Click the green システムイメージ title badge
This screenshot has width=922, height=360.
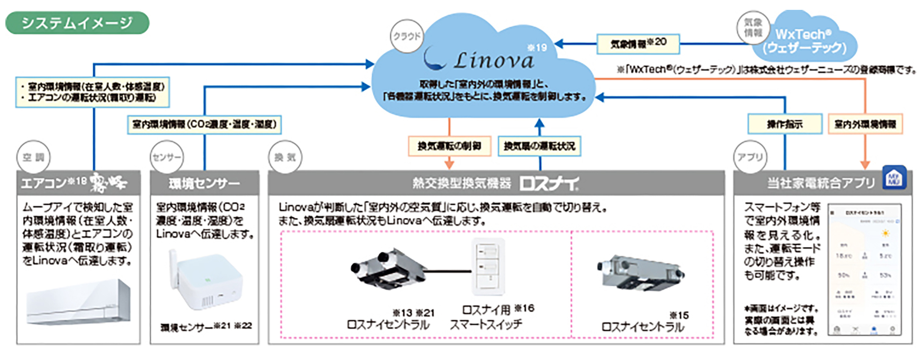77,23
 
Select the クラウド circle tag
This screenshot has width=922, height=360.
407,36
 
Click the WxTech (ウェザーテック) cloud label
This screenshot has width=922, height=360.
804,41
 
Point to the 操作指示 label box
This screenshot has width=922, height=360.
785,124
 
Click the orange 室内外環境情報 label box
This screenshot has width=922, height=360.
865,124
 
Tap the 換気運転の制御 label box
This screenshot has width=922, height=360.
449,146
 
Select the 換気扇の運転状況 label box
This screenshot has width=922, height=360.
539,146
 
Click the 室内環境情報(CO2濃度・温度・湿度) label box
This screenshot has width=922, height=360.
204,125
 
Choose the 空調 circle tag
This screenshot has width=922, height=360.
33,157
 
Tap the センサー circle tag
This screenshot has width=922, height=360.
166,157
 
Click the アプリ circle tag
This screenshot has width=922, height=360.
750,157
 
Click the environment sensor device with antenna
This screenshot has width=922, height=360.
205,281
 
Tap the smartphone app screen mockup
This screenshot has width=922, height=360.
864,270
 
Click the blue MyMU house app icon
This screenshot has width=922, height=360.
894,177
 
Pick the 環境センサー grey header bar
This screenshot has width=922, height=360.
204,183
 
